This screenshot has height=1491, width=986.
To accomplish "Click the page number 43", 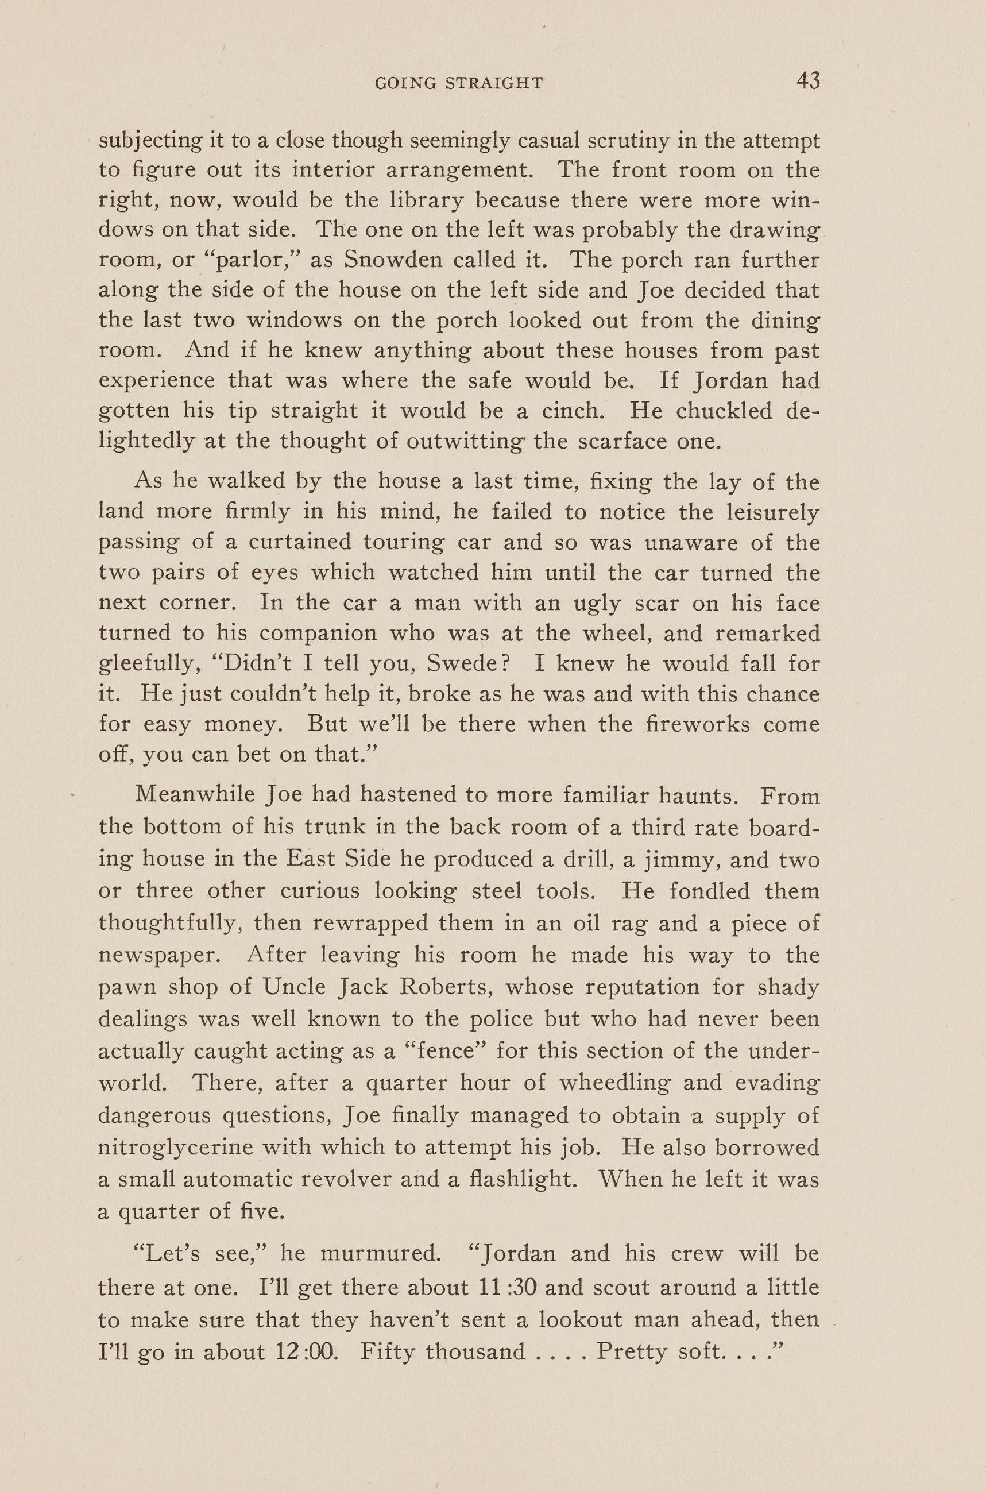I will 808,81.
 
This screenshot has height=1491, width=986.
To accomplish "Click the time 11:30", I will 506,1270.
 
